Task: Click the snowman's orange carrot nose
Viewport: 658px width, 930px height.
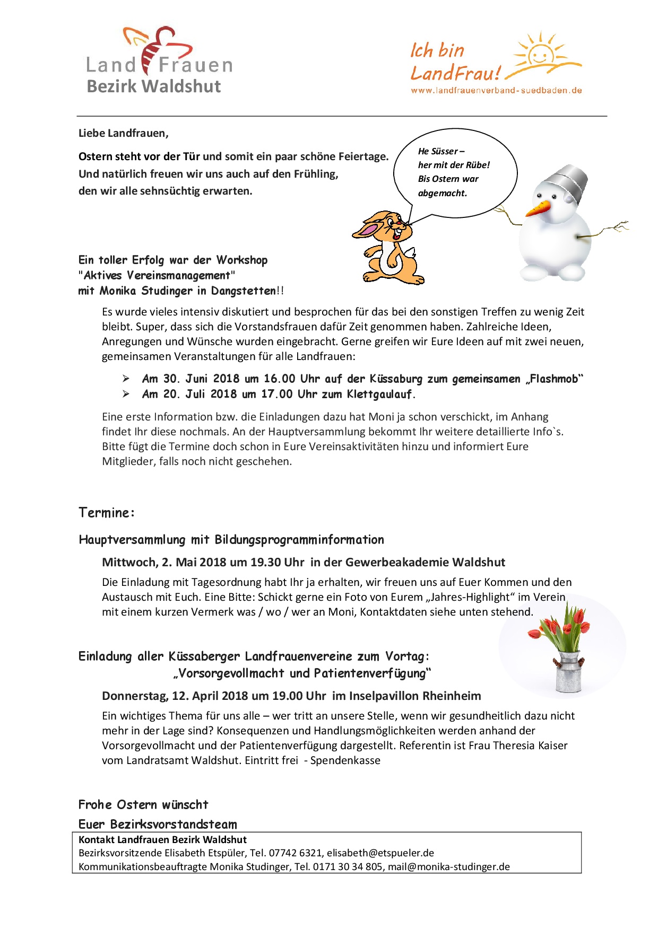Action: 539,208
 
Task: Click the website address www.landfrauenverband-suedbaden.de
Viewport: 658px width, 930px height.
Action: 496,91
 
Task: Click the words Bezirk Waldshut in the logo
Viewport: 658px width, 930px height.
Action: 154,86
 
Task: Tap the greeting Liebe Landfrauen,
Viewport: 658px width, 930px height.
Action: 124,133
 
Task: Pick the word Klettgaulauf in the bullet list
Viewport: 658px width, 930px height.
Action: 379,394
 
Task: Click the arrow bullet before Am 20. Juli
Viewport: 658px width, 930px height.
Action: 126,394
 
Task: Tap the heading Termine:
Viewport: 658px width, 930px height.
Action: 107,513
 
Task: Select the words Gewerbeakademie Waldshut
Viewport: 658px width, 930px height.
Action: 425,562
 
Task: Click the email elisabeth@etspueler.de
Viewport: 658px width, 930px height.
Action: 380,853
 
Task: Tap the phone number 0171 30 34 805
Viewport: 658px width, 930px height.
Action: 348,867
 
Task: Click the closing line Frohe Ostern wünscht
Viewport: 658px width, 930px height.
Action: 143,805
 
